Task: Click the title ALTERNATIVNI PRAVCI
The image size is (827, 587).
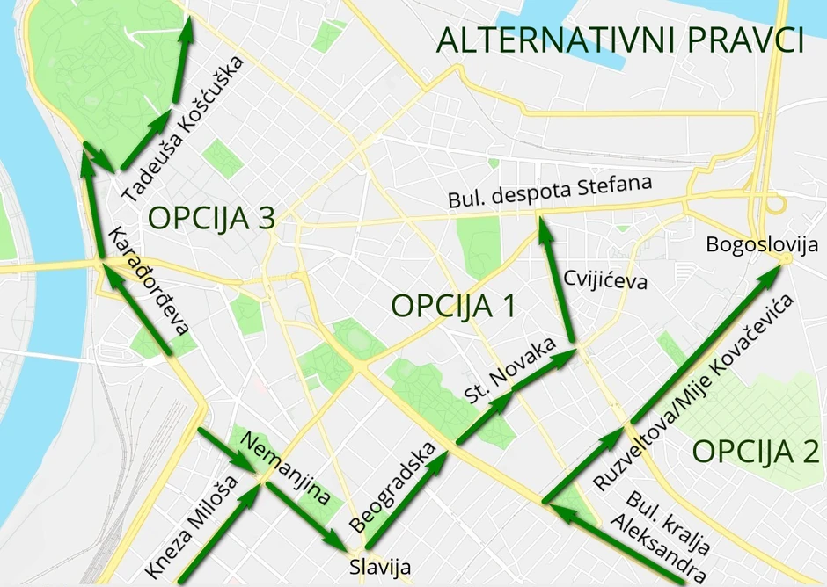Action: (621, 40)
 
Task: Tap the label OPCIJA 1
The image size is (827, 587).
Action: (452, 306)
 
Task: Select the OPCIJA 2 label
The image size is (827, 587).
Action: (755, 452)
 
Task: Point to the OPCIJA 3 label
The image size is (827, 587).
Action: (212, 218)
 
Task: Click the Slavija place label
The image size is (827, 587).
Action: (380, 567)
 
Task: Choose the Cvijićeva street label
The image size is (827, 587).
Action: (606, 282)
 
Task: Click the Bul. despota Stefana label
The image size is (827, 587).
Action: (550, 193)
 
